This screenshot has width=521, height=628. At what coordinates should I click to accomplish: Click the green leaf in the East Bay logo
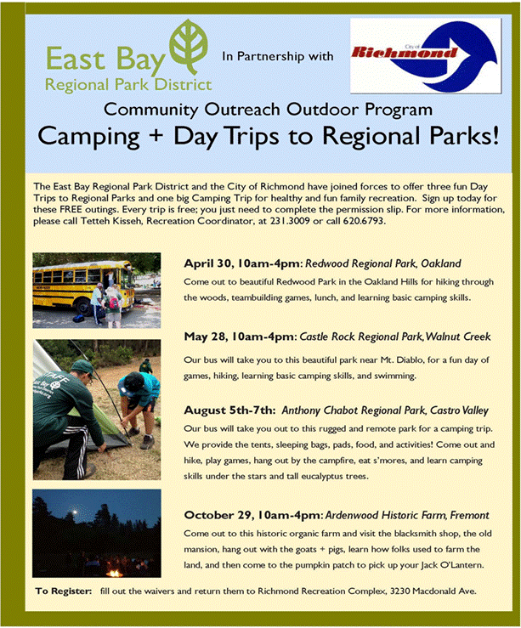click(188, 46)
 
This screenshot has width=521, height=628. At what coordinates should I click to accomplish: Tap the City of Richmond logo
click(425, 56)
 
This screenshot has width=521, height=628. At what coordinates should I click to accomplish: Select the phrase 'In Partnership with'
click(278, 56)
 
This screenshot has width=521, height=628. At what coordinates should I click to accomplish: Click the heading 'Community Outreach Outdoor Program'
click(268, 110)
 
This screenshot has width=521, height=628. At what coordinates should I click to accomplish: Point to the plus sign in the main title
click(156, 135)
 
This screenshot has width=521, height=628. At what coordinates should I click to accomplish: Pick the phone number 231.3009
click(290, 221)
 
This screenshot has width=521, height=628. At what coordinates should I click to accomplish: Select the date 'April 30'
click(207, 263)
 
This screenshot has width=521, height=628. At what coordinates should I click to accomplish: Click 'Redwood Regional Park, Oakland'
click(382, 263)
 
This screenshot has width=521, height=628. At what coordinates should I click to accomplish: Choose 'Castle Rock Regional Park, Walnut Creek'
click(395, 337)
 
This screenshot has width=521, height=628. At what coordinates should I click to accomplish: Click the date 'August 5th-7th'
click(229, 410)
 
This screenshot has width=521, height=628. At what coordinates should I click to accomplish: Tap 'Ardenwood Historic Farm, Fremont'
click(407, 515)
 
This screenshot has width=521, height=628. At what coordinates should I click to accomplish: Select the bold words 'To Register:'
click(63, 591)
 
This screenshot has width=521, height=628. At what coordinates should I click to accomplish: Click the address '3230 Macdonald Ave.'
click(433, 591)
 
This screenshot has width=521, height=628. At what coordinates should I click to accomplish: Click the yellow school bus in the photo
click(83, 286)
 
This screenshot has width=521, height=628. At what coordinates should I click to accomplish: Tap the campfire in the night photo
click(115, 572)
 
